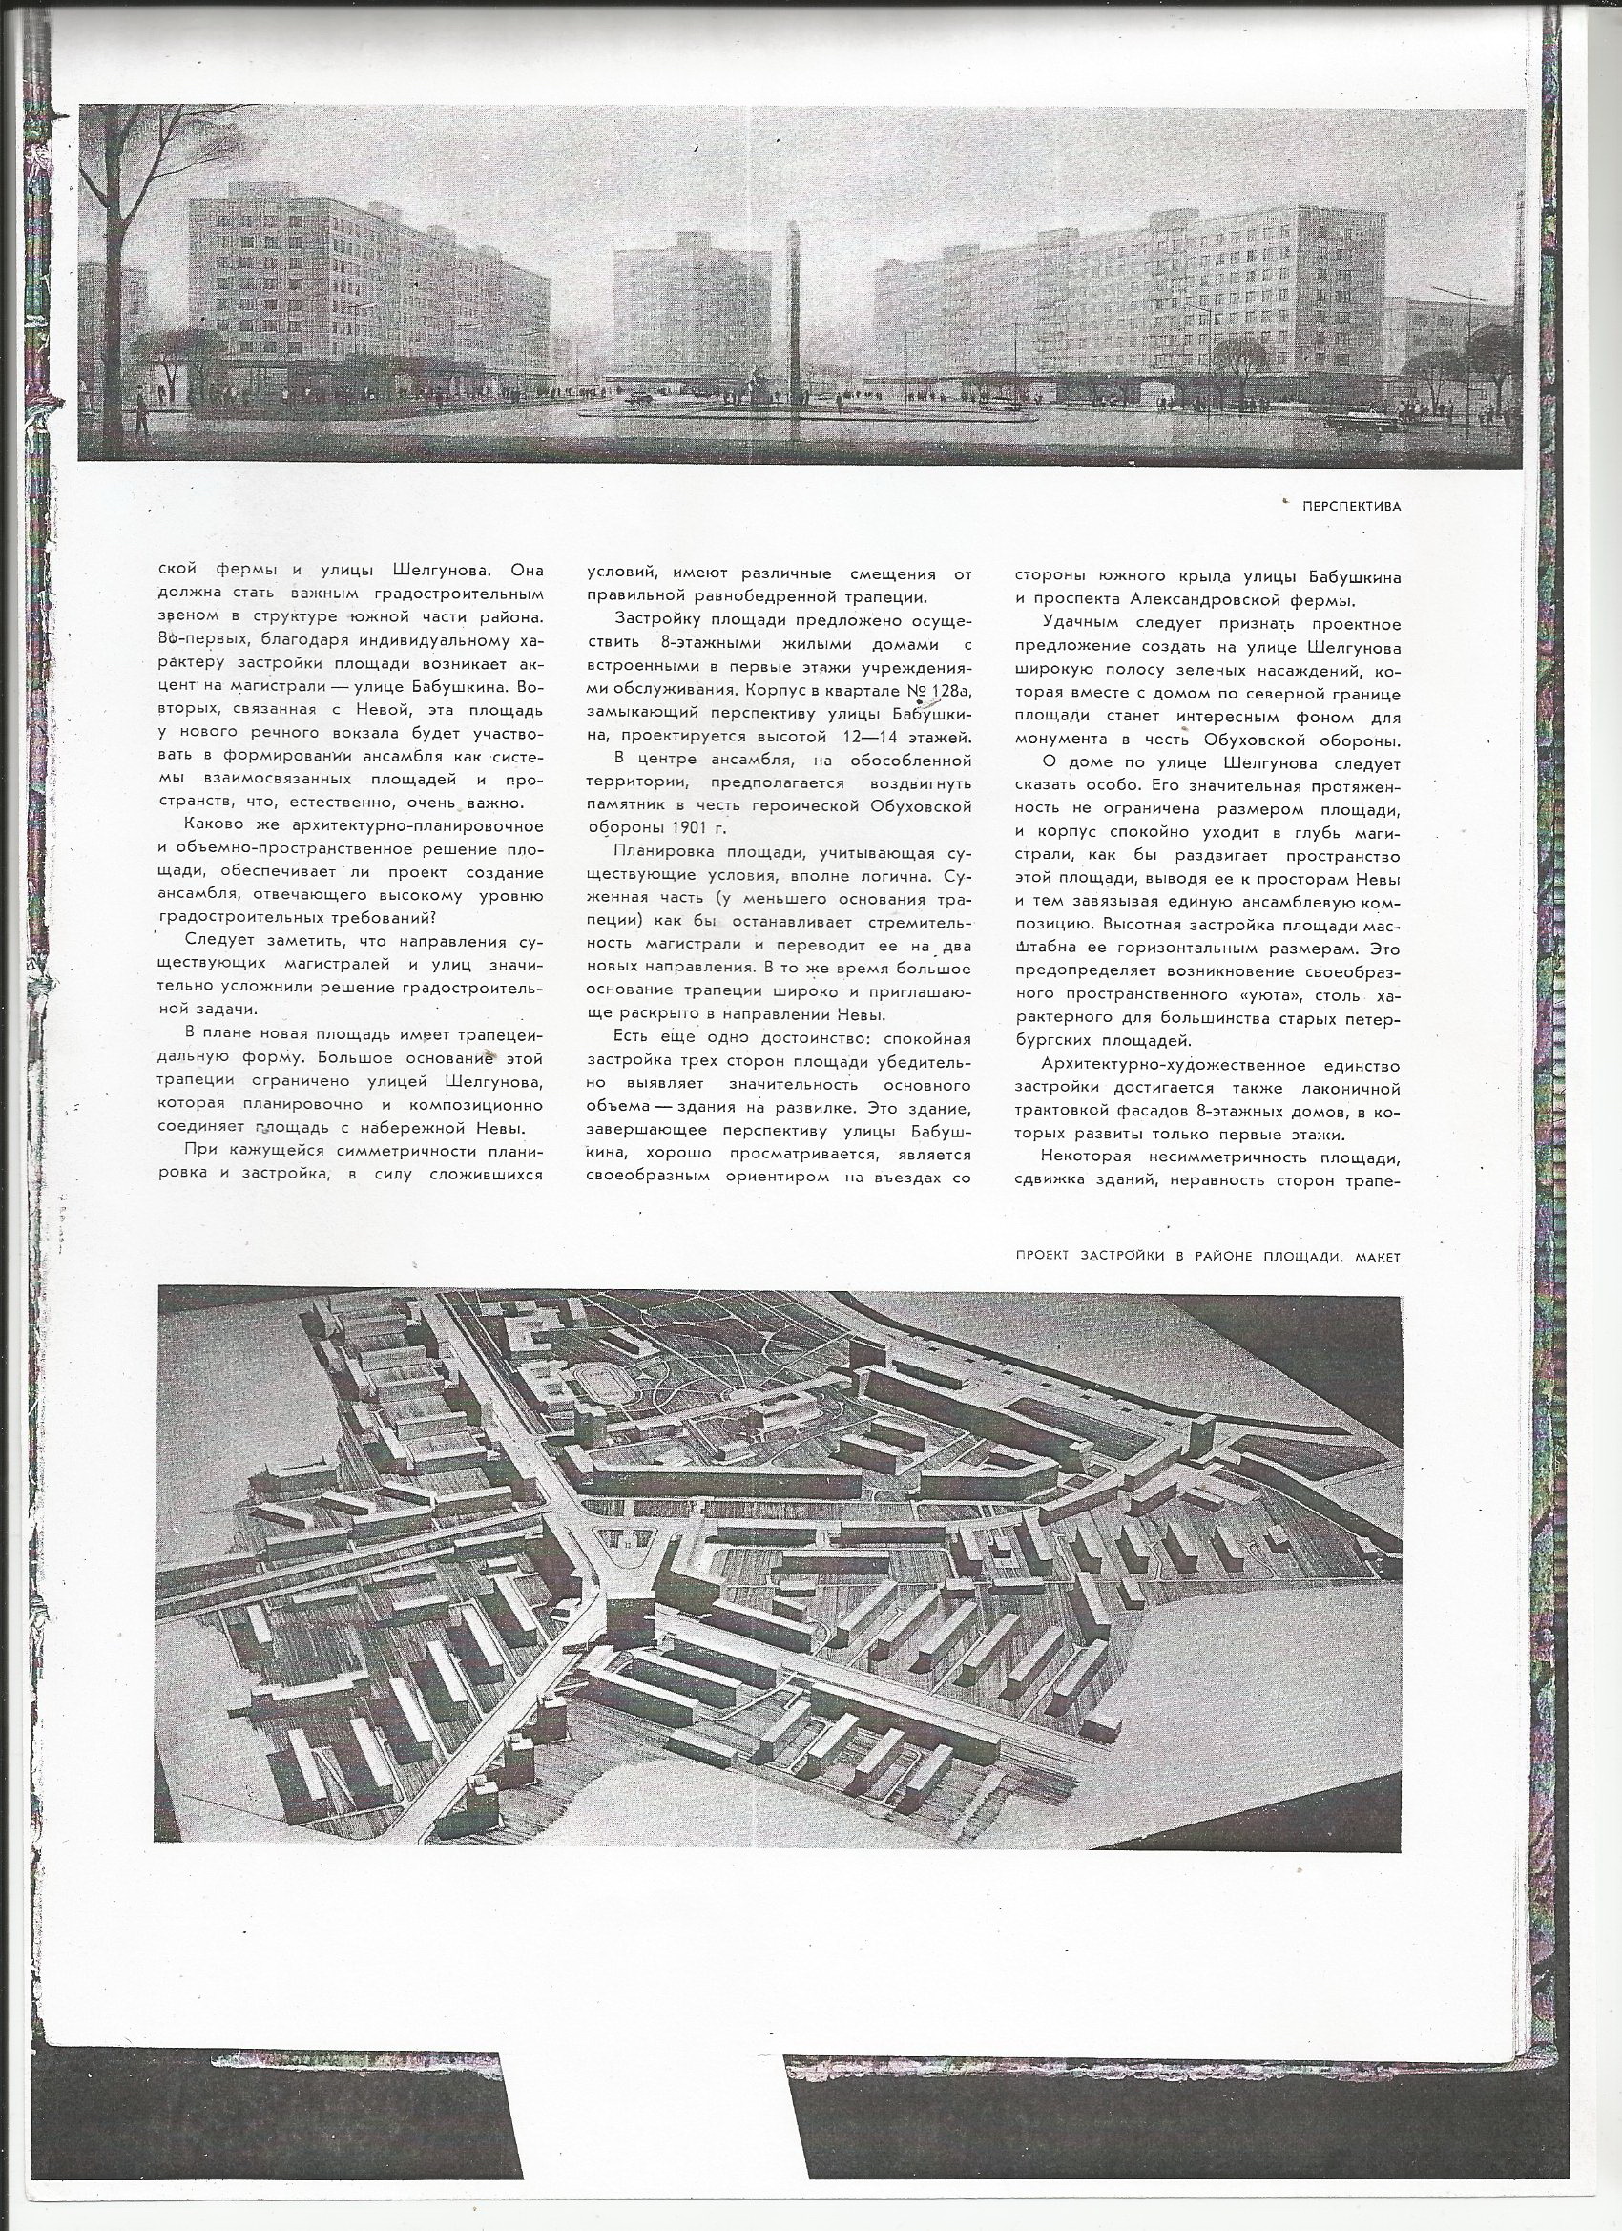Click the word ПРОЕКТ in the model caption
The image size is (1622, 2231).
tap(1045, 1256)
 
